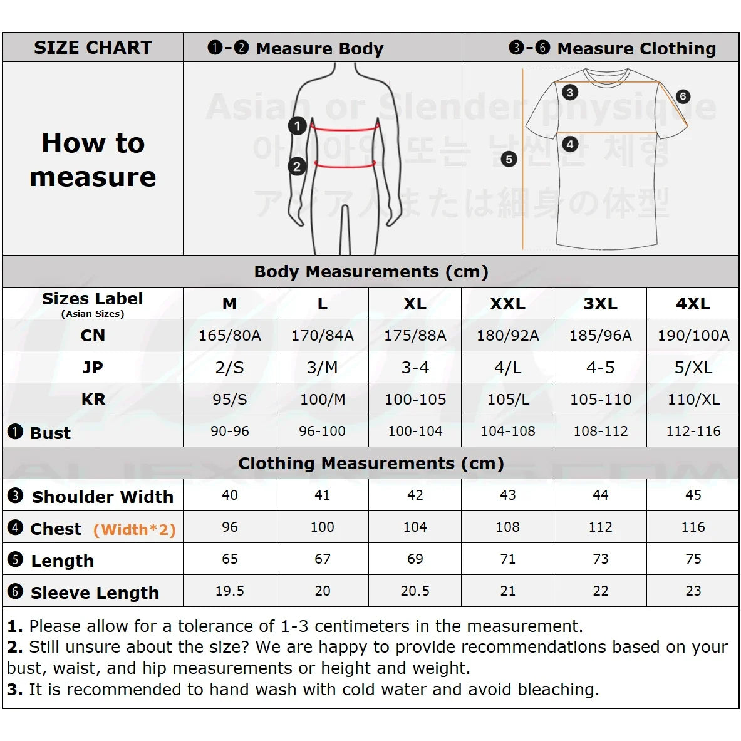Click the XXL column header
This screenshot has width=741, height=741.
point(507,304)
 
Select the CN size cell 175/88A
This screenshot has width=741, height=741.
point(415,336)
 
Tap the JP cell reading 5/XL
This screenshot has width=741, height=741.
point(693,368)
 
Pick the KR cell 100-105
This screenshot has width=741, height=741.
point(415,400)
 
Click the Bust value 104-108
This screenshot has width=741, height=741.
point(507,432)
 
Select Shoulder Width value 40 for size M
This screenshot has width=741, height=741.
point(229,495)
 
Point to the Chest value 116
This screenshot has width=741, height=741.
point(693,527)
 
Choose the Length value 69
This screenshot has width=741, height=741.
point(415,559)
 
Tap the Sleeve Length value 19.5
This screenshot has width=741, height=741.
point(229,591)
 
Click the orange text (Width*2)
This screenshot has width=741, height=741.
point(134,530)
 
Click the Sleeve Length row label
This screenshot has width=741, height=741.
point(95,593)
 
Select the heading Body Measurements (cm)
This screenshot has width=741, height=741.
point(371,272)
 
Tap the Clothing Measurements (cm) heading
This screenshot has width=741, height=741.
point(371,464)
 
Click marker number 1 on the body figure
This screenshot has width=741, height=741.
point(297,126)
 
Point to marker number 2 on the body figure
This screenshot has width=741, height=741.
point(296,167)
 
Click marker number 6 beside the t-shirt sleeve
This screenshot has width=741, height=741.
point(683,96)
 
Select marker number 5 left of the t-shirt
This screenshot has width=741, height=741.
point(509,159)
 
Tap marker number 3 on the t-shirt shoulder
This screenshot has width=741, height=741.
point(569,93)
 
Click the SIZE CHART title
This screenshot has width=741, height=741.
point(93,48)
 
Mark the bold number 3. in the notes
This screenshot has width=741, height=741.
point(14,690)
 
